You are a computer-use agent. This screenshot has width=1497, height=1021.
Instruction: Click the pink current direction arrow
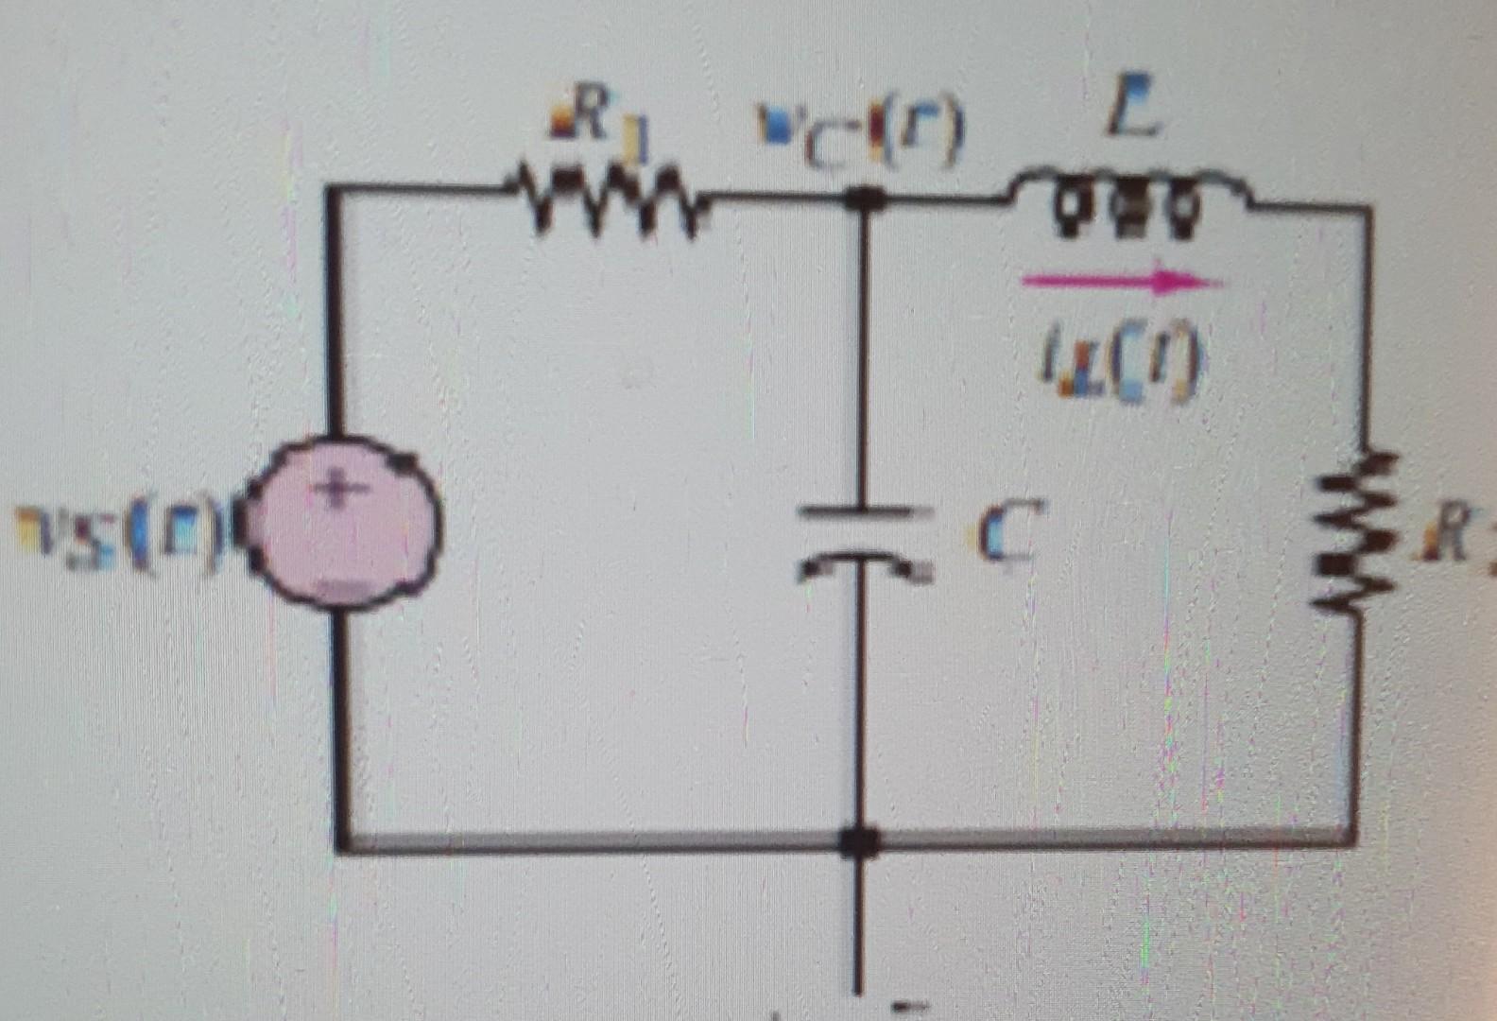[1121, 281]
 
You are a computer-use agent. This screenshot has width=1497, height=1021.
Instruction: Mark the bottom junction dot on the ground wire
[859, 839]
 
